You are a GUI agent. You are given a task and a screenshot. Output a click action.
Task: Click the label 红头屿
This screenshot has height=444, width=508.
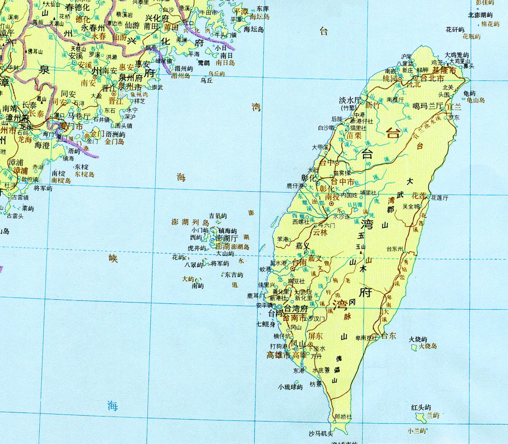pyautogui.click(x=421, y=407)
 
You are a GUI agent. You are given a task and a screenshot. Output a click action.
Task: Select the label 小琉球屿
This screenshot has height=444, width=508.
pyautogui.click(x=290, y=387)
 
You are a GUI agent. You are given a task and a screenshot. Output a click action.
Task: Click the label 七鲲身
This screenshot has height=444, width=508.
pyautogui.click(x=265, y=324)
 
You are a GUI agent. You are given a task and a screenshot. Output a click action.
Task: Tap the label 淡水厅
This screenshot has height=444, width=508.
pyautogui.click(x=350, y=100)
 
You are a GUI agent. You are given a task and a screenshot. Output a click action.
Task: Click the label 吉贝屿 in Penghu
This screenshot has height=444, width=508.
pyautogui.click(x=218, y=216)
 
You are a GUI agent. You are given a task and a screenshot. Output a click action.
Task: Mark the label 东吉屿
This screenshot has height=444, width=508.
pyautogui.click(x=234, y=275)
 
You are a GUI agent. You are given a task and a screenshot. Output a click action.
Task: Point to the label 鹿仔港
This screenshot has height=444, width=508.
pyautogui.click(x=295, y=185)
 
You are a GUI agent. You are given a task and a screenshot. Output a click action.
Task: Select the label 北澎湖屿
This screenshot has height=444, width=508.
pyautogui.click(x=480, y=15)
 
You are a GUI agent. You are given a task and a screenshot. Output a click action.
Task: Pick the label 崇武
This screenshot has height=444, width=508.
pyautogui.click(x=157, y=87)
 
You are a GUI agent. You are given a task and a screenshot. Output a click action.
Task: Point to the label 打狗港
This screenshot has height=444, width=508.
pyautogui.click(x=279, y=346)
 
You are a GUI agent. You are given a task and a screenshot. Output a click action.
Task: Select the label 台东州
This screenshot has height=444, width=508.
pyautogui.click(x=395, y=249)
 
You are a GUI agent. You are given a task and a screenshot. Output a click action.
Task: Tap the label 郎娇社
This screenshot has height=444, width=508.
pyautogui.click(x=344, y=416)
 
